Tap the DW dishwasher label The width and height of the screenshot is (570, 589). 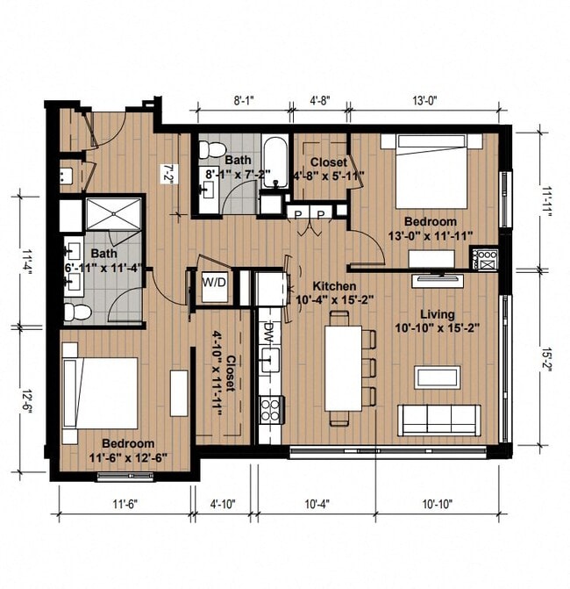269,332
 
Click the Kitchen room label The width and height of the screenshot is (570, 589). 335,287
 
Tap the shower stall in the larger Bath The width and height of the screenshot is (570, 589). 115,216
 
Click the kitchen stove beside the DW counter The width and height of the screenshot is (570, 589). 270,409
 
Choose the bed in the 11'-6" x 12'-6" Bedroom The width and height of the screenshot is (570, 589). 100,392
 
